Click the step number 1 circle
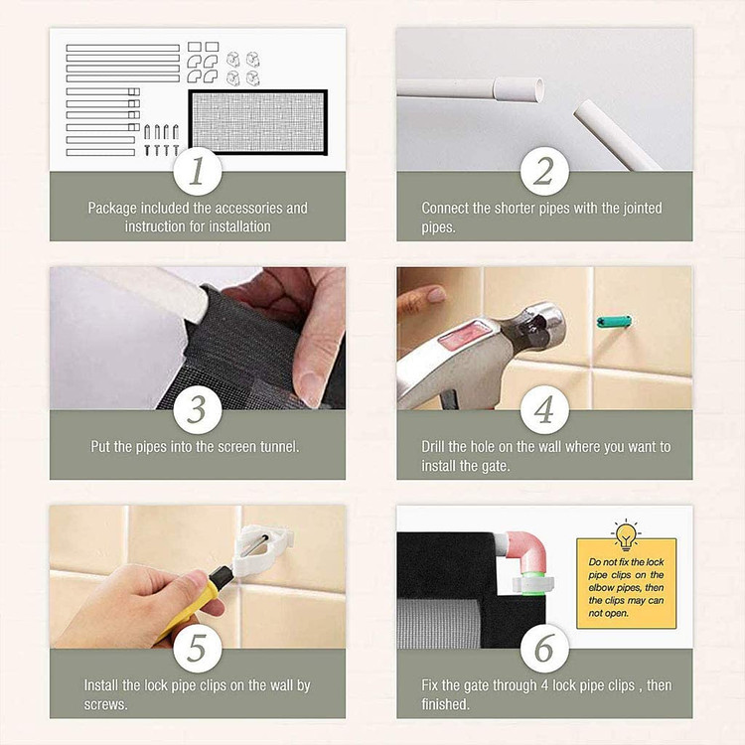pos(198,171)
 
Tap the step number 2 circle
pos(544,171)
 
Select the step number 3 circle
pos(198,409)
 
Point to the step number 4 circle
pos(544,409)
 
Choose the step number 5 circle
pos(198,648)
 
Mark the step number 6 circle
pos(544,648)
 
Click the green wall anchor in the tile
pos(614,322)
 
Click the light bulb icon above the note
pos(626,534)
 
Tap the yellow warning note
pos(626,583)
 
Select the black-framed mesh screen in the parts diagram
pos(258,122)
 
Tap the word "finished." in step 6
pos(445,704)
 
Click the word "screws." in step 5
pos(106,704)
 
